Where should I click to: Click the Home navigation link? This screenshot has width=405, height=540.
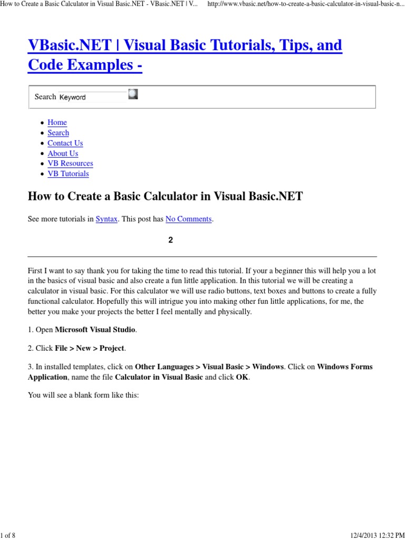(57, 122)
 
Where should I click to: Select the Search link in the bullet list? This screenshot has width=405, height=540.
(58, 133)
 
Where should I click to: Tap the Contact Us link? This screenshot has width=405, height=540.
(65, 143)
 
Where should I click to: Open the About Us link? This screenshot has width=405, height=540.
(63, 153)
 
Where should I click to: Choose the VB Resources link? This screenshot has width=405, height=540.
(70, 163)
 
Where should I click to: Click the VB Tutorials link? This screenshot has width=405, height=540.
(68, 173)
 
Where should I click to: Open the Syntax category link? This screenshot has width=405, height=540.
(107, 219)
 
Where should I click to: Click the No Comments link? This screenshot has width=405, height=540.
(188, 219)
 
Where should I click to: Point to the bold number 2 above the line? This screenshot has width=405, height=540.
(170, 240)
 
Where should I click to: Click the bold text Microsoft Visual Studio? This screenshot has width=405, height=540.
(95, 330)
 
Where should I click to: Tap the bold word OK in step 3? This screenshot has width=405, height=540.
(242, 377)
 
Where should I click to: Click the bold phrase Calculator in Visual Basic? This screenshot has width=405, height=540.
(159, 377)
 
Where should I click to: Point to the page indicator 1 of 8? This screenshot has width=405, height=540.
(8, 536)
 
